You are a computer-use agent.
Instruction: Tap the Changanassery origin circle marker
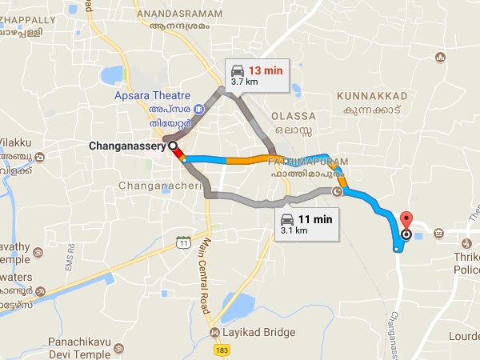pyautogui.click(x=173, y=146)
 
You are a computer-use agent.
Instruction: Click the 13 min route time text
pyautogui.click(x=266, y=70)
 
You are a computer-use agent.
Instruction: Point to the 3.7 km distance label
pyautogui.click(x=244, y=82)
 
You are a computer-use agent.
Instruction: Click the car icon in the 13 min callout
pyautogui.click(x=238, y=70)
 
